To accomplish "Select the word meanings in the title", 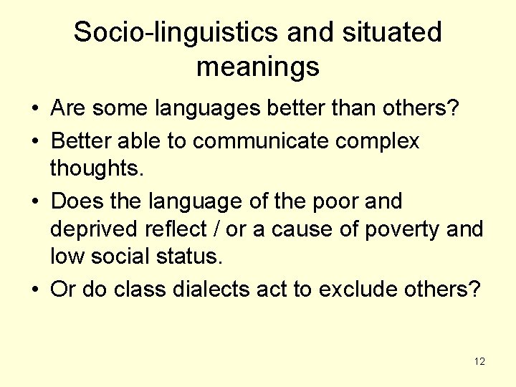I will click(x=257, y=67).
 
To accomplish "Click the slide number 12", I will click(x=479, y=361).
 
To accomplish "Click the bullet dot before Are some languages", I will click(x=34, y=110).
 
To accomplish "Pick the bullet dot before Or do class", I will click(x=34, y=289).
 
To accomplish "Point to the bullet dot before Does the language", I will click(x=34, y=201).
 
